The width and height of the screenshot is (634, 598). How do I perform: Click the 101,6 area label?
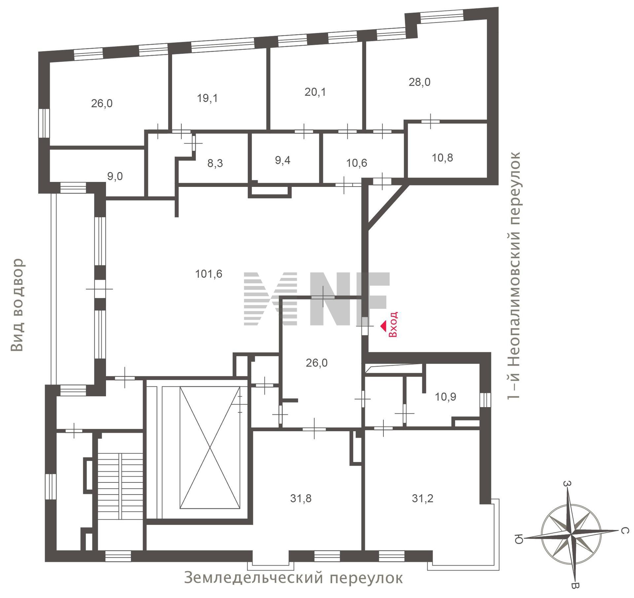tap(209, 274)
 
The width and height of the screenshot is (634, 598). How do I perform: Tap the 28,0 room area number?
tap(419, 82)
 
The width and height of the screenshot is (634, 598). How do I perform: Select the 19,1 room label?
tap(207, 98)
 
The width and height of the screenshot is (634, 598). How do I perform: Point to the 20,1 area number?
tap(315, 92)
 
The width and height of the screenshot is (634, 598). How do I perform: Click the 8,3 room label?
tap(215, 163)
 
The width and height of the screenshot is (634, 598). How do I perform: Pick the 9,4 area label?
tap(283, 160)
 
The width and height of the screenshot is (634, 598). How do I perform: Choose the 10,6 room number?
tap(357, 163)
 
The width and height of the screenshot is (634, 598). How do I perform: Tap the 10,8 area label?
tap(442, 158)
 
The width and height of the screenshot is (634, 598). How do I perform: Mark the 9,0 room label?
tap(115, 176)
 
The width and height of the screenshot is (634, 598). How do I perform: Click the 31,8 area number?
tap(301, 499)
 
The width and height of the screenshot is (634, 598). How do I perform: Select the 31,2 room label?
tap(422, 499)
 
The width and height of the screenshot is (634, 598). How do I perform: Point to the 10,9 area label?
tap(445, 397)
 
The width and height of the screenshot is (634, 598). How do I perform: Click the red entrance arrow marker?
tap(383, 327)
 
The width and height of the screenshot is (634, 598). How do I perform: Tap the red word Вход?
tap(393, 325)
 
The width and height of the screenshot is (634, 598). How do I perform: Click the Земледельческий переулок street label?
tap(293, 578)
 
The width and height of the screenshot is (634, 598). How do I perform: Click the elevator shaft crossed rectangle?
tap(210, 448)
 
